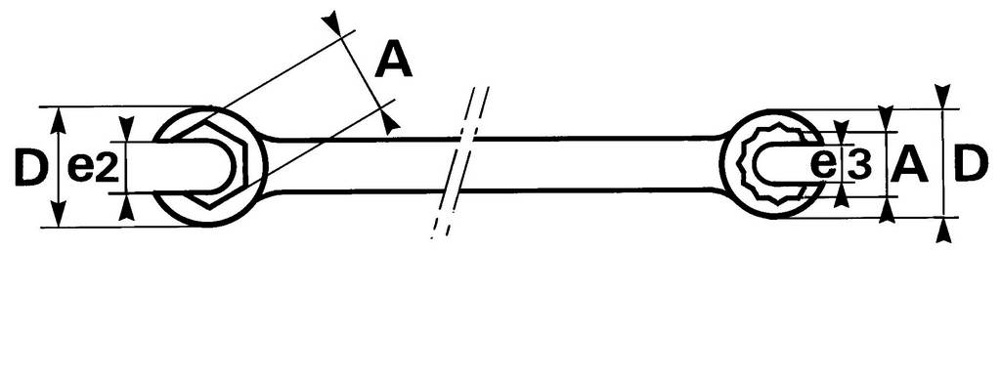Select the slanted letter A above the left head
tap(393, 62)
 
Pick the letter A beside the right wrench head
tap(909, 165)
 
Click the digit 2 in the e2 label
tap(108, 169)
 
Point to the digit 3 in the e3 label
tap(859, 165)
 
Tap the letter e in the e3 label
tap(826, 165)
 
